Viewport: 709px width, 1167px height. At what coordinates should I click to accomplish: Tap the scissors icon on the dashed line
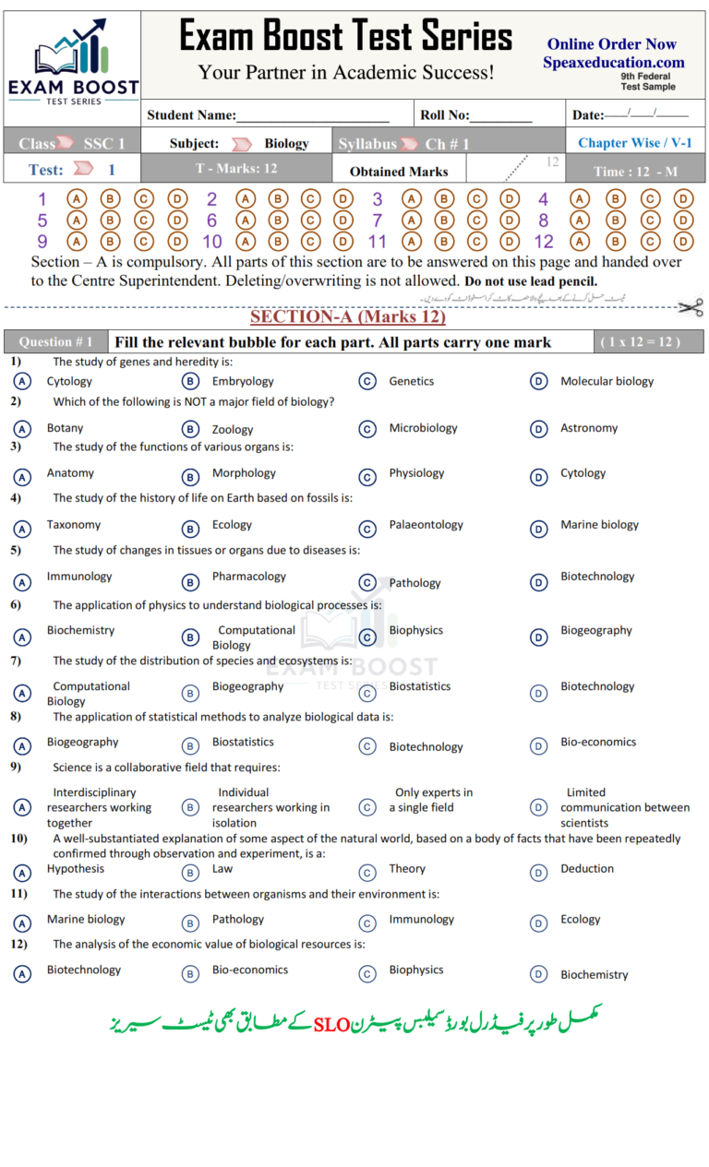(x=690, y=307)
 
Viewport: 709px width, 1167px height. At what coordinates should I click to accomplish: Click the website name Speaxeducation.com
(x=613, y=63)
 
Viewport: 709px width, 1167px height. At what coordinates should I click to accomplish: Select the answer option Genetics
(x=411, y=381)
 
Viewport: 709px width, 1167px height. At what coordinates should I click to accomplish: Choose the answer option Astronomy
(x=588, y=428)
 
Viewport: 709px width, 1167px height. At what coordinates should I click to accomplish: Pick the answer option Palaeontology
(x=426, y=525)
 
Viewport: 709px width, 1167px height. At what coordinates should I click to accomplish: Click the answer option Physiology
(x=416, y=473)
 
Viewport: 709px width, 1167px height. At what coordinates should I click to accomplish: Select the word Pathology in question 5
(x=415, y=583)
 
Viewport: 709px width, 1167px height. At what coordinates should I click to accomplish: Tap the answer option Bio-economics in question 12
(x=249, y=970)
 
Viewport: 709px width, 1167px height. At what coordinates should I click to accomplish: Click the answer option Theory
(x=407, y=869)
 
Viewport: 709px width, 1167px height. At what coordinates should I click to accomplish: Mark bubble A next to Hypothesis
(x=22, y=873)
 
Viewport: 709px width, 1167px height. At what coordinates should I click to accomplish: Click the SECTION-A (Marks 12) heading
(x=347, y=317)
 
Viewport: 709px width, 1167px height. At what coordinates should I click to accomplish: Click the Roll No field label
(x=444, y=116)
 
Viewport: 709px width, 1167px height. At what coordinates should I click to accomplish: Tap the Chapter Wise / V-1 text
(x=634, y=143)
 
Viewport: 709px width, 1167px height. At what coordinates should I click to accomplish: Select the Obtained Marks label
(x=399, y=172)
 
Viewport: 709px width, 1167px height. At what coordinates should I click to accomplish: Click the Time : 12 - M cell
(x=635, y=172)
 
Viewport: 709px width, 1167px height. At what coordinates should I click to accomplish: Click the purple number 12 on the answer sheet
(x=544, y=243)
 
